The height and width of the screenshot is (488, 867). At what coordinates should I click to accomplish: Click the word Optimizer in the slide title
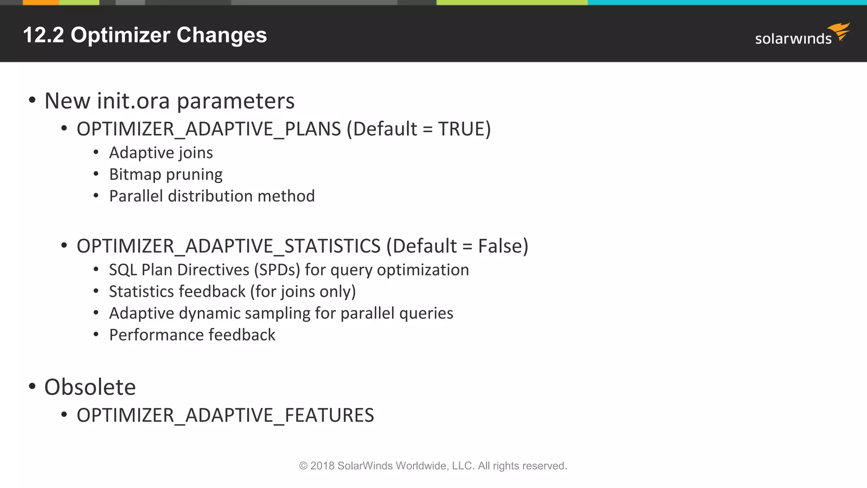pyautogui.click(x=120, y=35)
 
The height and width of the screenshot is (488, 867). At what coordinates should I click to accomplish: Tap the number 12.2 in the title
pyautogui.click(x=43, y=35)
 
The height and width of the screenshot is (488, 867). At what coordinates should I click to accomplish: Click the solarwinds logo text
pyautogui.click(x=793, y=39)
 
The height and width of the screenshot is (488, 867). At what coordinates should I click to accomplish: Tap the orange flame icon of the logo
pyautogui.click(x=840, y=31)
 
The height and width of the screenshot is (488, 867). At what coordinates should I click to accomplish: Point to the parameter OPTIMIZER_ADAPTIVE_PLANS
pyautogui.click(x=209, y=129)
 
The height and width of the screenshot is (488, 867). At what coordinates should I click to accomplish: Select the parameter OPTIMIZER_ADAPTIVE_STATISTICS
pyautogui.click(x=229, y=246)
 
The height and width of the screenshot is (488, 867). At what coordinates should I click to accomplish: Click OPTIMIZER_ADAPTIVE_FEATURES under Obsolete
pyautogui.click(x=225, y=415)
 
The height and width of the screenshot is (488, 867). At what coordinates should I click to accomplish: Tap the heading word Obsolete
pyautogui.click(x=90, y=387)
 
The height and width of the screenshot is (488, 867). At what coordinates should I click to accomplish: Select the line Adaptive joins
pyautogui.click(x=161, y=153)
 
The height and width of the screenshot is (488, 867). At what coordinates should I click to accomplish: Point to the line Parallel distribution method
pyautogui.click(x=212, y=196)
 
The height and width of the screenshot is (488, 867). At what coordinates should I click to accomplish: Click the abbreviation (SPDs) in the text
pyautogui.click(x=277, y=270)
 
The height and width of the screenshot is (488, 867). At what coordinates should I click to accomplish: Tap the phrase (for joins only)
pyautogui.click(x=303, y=291)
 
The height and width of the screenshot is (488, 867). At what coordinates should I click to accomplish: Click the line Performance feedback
pyautogui.click(x=192, y=335)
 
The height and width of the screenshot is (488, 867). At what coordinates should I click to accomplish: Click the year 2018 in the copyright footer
pyautogui.click(x=322, y=466)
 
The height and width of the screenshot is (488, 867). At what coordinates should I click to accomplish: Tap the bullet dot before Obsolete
pyautogui.click(x=32, y=386)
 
